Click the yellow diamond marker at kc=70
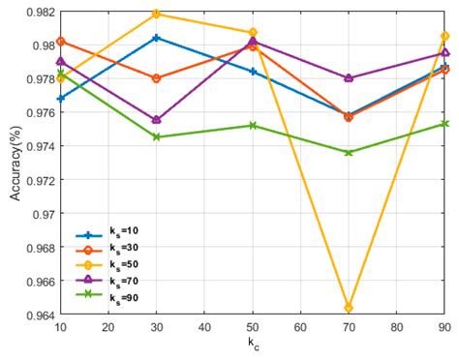(x=349, y=308)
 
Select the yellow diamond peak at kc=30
(x=157, y=14)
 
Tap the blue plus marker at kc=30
(x=157, y=38)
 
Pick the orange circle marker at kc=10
(x=61, y=41)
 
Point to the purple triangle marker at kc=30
(x=157, y=120)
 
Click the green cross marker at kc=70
(x=349, y=152)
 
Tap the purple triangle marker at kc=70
(x=349, y=77)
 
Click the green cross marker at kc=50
(x=253, y=125)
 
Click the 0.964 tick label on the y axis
(x=39, y=315)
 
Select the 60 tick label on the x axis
(x=300, y=328)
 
